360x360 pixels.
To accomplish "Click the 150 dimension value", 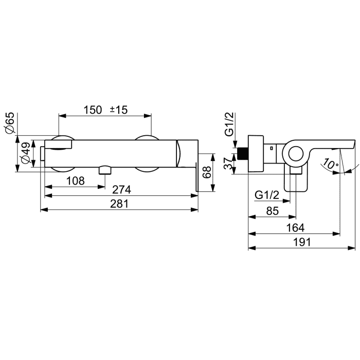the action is point(93,110).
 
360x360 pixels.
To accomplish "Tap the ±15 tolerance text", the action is point(118,110).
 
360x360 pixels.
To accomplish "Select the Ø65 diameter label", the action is point(10,123).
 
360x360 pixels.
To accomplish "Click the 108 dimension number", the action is point(76,181).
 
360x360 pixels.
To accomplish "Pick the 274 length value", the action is point(122,190).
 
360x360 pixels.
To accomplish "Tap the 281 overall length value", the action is point(119,204).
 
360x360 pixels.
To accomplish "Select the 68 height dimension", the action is point(207,172).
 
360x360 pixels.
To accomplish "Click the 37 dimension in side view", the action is point(228,164).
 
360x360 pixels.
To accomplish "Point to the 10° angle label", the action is point(330,165).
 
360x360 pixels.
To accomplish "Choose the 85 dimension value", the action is point(273,211).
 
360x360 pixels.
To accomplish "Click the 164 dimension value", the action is point(295,228).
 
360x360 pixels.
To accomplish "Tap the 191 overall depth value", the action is point(302,242).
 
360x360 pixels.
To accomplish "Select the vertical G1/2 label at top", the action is point(229,124).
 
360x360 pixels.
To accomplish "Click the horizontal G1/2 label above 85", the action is point(267,195).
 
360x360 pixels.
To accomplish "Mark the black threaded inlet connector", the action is point(243,154).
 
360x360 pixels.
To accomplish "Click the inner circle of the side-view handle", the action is point(296,154).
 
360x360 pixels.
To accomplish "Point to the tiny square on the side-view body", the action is point(272,148).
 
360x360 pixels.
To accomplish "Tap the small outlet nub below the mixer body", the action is point(105,170).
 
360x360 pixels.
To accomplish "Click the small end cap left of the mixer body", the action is point(43,153).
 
